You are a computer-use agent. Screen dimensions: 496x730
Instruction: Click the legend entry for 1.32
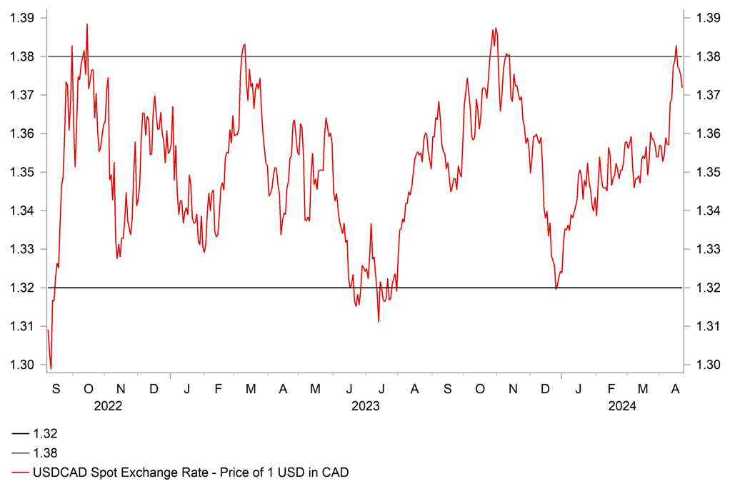[x=45, y=434]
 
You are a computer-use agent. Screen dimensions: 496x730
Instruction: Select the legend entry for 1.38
[x=45, y=452]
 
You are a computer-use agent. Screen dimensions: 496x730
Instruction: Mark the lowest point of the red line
[x=51, y=368]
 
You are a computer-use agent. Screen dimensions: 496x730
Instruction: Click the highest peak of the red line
[x=87, y=24]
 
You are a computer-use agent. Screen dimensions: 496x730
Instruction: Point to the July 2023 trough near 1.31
[x=379, y=321]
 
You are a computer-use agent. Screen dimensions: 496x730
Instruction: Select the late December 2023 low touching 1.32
[x=556, y=288]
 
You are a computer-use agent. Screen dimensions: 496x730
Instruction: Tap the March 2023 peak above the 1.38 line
[x=244, y=44]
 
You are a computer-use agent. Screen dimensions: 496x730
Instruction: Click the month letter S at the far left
[x=56, y=389]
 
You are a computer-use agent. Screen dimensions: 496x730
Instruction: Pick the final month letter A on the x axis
[x=675, y=389]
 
